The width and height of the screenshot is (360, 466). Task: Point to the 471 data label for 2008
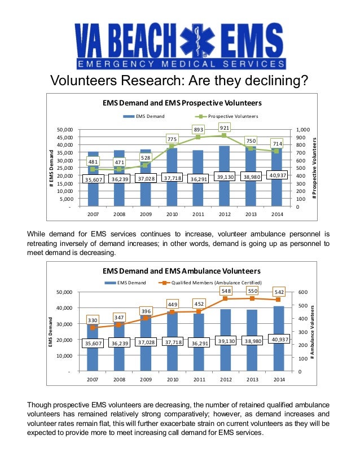120,162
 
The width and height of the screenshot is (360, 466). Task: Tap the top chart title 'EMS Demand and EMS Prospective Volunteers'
182,104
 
